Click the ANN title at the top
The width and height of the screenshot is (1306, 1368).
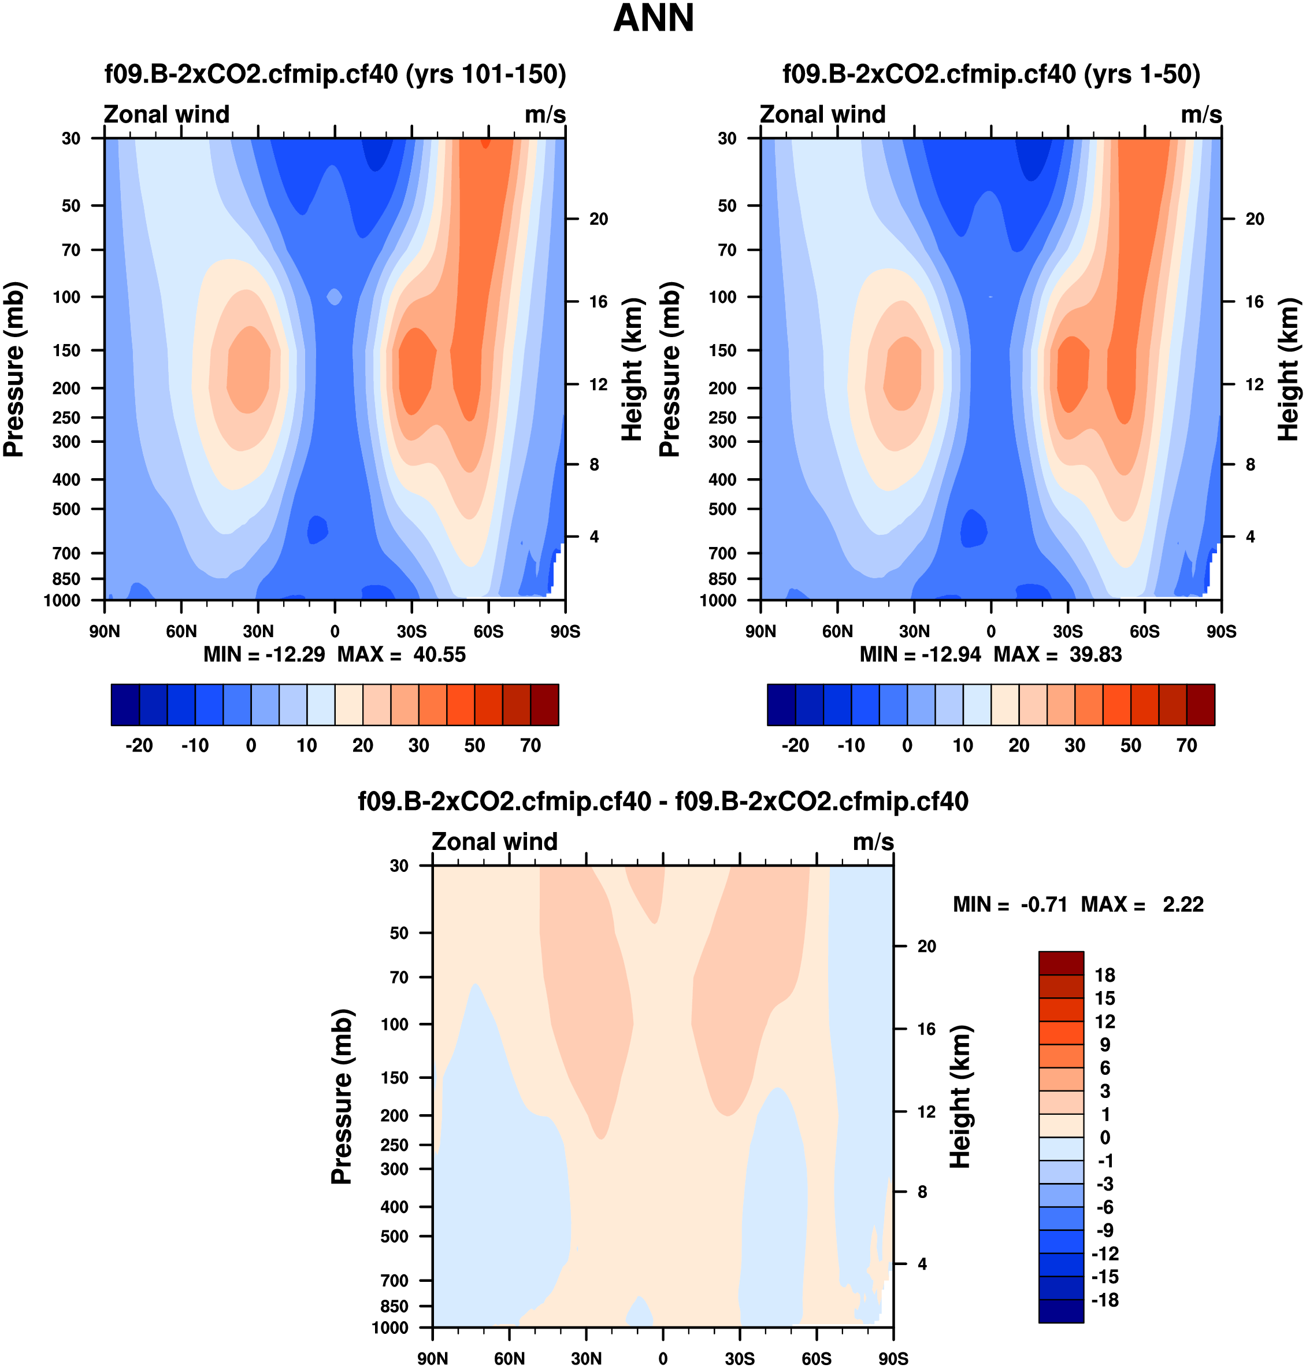point(653,19)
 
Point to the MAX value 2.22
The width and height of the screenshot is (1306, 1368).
point(1183,905)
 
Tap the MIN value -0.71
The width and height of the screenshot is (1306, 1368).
point(1044,905)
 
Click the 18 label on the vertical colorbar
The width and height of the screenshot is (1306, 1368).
point(1105,975)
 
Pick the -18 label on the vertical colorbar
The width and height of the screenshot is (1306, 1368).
point(1105,1300)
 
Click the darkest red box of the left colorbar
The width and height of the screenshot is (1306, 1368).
point(544,705)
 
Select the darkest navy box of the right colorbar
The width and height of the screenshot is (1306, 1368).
point(781,705)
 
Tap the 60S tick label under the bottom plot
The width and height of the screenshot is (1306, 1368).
point(816,1359)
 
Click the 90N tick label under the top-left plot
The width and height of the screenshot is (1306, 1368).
point(105,632)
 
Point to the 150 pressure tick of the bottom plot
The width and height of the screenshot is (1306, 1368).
point(394,1078)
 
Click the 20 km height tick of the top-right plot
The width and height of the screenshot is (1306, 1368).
point(1255,219)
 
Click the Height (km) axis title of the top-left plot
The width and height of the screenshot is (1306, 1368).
point(632,369)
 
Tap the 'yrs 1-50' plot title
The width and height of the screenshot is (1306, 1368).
point(991,74)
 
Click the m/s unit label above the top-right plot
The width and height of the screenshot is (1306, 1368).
point(1201,115)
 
